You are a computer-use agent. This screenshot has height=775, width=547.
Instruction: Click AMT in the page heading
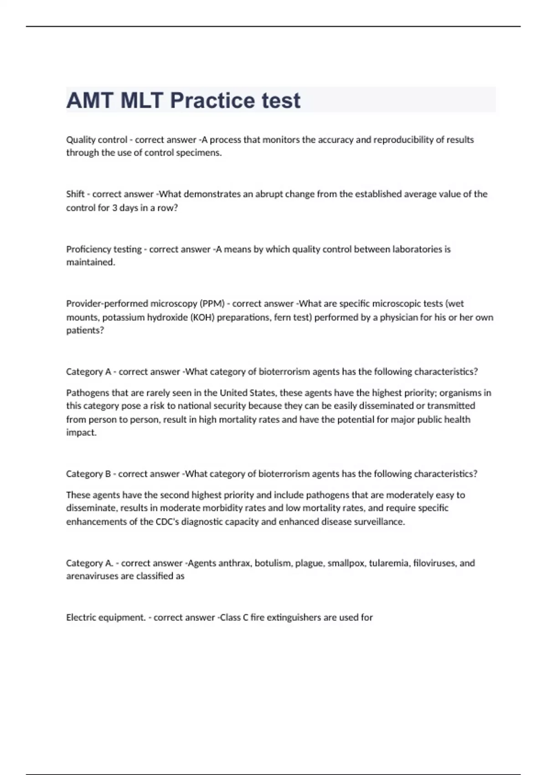click(x=90, y=101)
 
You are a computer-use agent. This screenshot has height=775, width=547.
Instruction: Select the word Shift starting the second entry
click(x=75, y=194)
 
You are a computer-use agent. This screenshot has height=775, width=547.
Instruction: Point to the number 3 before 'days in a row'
click(x=115, y=208)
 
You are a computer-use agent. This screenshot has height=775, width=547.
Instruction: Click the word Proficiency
click(x=88, y=249)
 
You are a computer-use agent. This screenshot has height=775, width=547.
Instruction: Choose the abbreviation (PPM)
click(x=212, y=304)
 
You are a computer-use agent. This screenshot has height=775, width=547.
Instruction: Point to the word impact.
click(x=81, y=433)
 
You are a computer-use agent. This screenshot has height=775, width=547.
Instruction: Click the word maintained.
click(x=90, y=263)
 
